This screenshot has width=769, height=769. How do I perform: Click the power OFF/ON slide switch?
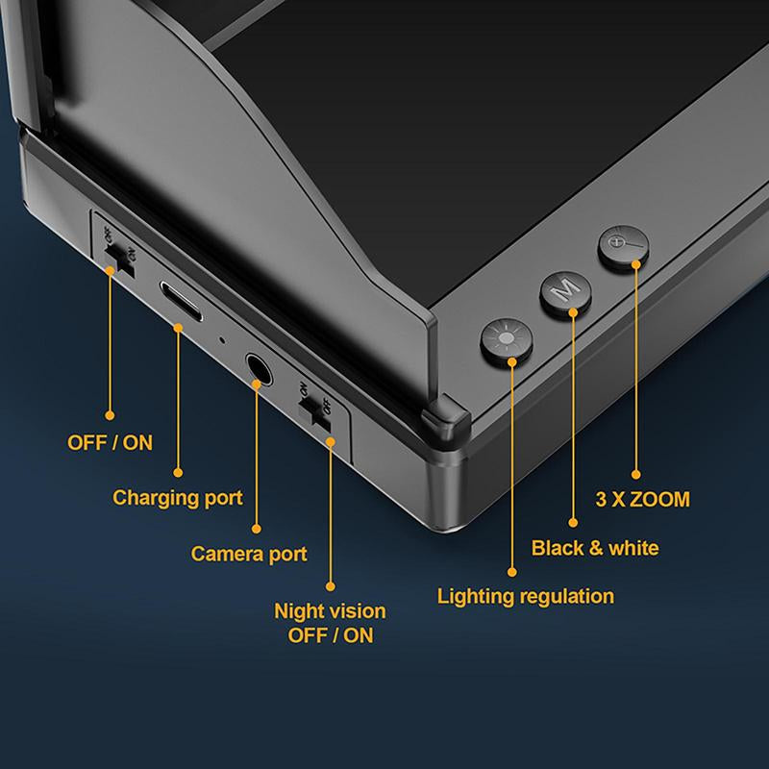coord(119,260)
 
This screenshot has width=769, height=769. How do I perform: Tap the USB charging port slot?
coord(180,301)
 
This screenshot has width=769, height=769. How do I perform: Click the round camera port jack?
coord(259,368)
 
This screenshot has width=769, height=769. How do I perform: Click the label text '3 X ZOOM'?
coord(642,499)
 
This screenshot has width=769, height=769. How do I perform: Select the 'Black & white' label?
coord(595,548)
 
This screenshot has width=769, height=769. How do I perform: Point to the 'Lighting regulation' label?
coord(525,596)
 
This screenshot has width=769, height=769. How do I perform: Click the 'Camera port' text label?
coord(249,555)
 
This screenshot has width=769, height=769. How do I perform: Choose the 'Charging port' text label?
coord(178,498)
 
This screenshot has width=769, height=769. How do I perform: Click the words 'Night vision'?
coord(330,611)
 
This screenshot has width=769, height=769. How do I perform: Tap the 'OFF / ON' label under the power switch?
coord(110,443)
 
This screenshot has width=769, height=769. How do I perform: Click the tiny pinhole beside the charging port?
coord(222,339)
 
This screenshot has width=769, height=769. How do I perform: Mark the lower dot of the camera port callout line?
coord(257,529)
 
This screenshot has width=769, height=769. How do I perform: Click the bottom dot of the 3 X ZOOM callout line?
coord(636,474)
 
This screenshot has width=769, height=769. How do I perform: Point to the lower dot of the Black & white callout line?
coord(573,523)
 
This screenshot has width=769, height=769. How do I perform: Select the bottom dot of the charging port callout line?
coord(178,472)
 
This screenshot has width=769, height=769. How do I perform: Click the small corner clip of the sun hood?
coord(445,415)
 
